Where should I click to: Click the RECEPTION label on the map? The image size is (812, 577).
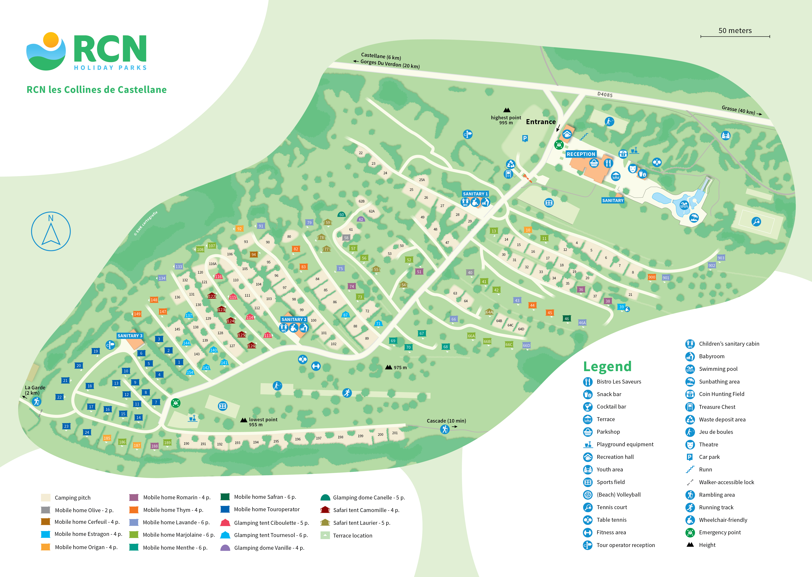coord(581,154)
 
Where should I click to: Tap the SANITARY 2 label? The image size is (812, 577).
coord(294,319)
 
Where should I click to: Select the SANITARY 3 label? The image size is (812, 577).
coord(130,336)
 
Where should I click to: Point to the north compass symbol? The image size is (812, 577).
coord(51,231)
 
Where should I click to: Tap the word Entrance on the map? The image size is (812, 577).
coord(541,122)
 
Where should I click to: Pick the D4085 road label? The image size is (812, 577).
coord(605,94)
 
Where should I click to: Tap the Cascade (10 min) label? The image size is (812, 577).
coord(446,421)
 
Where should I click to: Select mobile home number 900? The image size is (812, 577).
coord(652,277)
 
